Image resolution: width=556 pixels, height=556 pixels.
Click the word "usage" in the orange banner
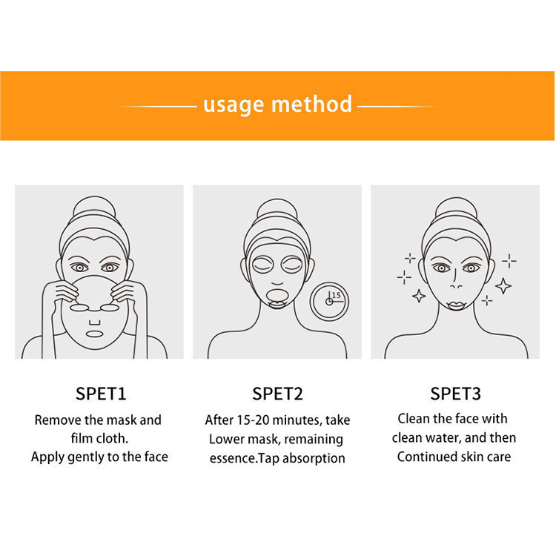point(234,105)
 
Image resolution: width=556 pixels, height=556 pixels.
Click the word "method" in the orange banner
point(311,104)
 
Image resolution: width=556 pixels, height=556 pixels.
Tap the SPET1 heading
point(101,394)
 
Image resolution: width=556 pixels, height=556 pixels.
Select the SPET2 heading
point(278,394)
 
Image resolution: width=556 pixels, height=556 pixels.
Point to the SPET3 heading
point(455,394)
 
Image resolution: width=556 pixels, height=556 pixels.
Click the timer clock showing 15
point(329,302)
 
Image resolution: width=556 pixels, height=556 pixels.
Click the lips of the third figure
point(457,305)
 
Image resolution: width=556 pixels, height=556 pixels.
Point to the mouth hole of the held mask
point(94,334)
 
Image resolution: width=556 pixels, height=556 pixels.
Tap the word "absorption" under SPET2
point(314,458)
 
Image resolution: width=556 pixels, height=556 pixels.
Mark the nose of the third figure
point(455,280)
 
